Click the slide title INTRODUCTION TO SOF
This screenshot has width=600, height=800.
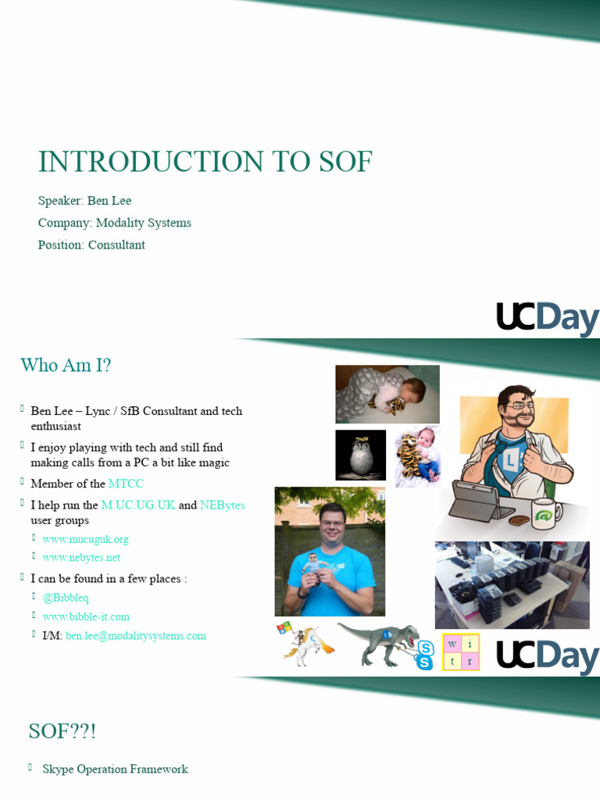[x=205, y=162]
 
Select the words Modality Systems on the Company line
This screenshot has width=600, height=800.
[x=143, y=223]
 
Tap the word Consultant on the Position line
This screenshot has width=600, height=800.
[x=116, y=245]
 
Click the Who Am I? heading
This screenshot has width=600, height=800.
[x=66, y=365]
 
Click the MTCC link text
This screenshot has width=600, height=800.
[x=126, y=484]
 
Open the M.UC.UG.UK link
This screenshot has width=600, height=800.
[x=138, y=505]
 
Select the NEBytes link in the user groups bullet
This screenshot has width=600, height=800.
[x=223, y=505]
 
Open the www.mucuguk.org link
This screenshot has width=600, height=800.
[x=86, y=539]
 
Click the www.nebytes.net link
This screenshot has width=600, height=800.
[x=82, y=558]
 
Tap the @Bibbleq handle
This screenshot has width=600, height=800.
[x=66, y=598]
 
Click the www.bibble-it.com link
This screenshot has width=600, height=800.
[x=86, y=616]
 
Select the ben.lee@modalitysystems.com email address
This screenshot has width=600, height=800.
[x=136, y=636]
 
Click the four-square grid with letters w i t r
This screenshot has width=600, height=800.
[x=461, y=652]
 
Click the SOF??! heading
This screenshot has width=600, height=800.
[x=62, y=731]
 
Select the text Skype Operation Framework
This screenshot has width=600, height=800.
[x=115, y=770]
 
